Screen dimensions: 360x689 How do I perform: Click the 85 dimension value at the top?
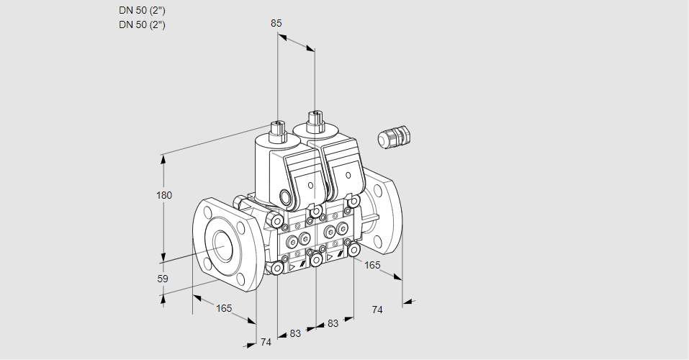click(276, 23)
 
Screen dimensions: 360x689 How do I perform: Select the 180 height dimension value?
click(165, 195)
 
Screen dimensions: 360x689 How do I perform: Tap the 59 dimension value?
click(163, 279)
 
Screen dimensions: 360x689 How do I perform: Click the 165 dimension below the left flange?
click(224, 308)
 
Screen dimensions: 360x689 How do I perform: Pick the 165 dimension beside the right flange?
click(372, 265)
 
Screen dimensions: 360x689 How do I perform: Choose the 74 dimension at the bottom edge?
click(266, 342)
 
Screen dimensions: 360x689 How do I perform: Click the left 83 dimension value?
click(295, 333)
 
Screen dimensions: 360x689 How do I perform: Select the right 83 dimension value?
click(333, 323)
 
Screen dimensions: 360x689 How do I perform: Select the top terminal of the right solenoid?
click(314, 118)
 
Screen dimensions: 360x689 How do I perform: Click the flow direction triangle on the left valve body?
click(292, 266)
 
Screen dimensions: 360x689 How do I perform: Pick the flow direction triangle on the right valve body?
click(330, 256)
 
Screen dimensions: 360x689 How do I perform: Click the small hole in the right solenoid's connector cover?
click(348, 175)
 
